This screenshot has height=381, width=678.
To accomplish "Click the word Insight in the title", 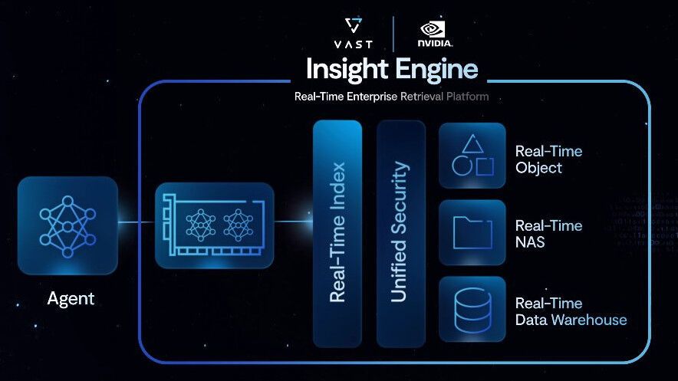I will [x=347, y=70].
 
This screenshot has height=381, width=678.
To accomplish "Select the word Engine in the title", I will [x=436, y=70].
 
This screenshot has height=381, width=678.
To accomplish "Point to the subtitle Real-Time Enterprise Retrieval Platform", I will [x=391, y=97].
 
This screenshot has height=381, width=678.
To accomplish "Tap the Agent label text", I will [x=71, y=299].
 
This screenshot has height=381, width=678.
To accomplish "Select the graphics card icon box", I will [x=215, y=225].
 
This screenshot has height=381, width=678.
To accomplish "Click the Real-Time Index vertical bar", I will [x=337, y=232].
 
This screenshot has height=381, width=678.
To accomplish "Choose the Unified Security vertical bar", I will [x=400, y=232].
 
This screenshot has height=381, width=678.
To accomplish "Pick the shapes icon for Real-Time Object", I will [x=472, y=155].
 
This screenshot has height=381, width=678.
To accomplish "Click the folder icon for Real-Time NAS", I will [x=472, y=232].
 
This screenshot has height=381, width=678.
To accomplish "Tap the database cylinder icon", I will [x=472, y=309].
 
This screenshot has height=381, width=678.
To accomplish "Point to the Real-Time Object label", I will [x=548, y=159].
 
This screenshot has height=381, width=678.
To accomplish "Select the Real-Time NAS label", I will [x=548, y=234].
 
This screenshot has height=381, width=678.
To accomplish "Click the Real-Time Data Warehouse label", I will [x=571, y=311].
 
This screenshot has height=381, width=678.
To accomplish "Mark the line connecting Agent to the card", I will [x=137, y=223].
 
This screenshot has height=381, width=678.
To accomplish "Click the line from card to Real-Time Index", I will [x=293, y=223].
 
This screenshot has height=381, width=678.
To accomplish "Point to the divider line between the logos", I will [x=393, y=34].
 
